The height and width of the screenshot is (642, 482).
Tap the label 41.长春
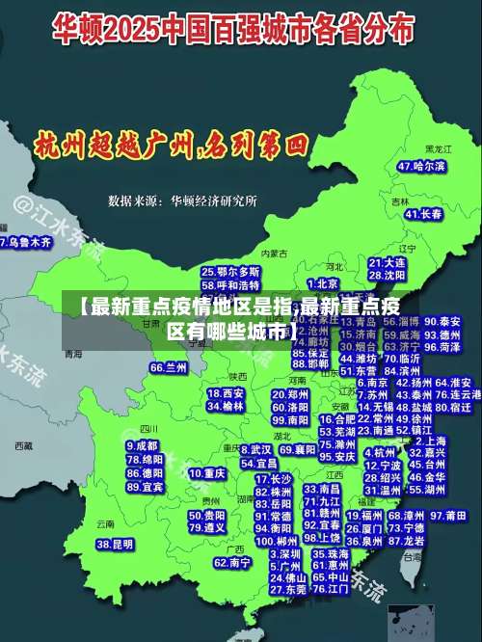(x=423, y=213)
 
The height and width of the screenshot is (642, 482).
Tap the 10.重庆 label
(x=207, y=474)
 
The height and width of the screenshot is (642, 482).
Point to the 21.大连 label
(x=387, y=261)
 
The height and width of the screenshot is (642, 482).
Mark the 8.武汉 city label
(x=255, y=449)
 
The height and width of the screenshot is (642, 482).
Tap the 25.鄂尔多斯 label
(x=230, y=272)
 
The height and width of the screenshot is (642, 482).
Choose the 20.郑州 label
(x=290, y=394)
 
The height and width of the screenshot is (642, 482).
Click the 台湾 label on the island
(x=412, y=556)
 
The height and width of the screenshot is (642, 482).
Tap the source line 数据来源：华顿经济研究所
(x=183, y=201)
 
